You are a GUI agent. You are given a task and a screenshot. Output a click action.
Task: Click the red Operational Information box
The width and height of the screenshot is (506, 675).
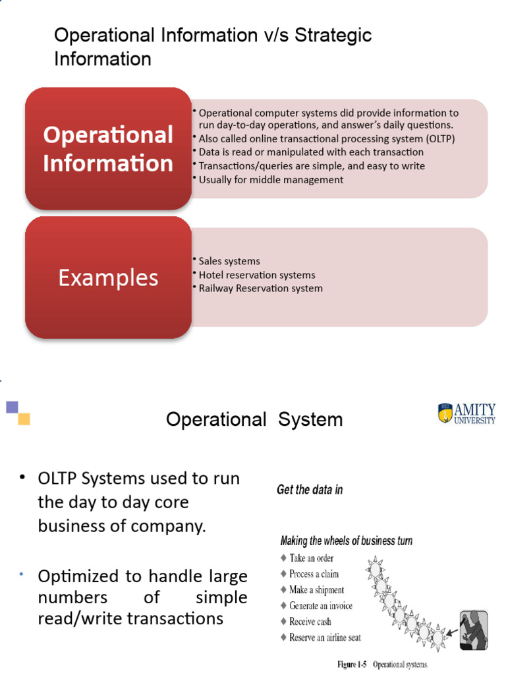[x=108, y=148]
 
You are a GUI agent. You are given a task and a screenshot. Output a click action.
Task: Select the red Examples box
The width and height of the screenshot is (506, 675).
[x=108, y=278]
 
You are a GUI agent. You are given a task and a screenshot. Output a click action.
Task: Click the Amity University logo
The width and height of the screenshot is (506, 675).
[x=466, y=413]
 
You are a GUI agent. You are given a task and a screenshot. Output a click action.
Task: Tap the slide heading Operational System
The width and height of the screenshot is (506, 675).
[x=254, y=419]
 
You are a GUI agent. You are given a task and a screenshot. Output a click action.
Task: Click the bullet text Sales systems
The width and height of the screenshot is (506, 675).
[x=229, y=261]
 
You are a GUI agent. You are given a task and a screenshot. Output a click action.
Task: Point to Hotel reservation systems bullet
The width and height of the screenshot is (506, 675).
[x=257, y=275]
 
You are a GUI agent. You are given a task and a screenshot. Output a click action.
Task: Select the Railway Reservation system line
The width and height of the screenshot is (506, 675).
[x=260, y=288]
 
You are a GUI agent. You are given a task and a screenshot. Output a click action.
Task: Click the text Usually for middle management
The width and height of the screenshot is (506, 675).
[x=271, y=179]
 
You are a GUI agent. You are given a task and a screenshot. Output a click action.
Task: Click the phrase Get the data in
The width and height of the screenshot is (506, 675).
[x=310, y=490]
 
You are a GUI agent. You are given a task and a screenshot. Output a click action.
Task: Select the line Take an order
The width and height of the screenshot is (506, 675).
[x=311, y=558]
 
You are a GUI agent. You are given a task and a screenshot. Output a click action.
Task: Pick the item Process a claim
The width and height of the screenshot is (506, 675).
[x=314, y=573]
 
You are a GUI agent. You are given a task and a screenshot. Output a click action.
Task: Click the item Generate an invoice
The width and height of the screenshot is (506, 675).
[x=320, y=605]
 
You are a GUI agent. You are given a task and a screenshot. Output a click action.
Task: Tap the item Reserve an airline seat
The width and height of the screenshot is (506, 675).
[x=325, y=637]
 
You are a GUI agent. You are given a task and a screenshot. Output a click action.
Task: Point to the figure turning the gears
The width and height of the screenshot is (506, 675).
[x=472, y=630]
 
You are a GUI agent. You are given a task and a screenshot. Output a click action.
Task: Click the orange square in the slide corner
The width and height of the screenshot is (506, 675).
[x=24, y=419]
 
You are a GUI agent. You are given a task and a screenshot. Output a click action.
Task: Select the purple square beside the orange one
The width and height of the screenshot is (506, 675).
[x=12, y=407]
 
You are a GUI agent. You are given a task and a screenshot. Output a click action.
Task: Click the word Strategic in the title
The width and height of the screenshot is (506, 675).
[x=334, y=35]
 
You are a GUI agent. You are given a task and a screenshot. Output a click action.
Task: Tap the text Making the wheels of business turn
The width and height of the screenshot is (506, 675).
[x=347, y=541]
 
